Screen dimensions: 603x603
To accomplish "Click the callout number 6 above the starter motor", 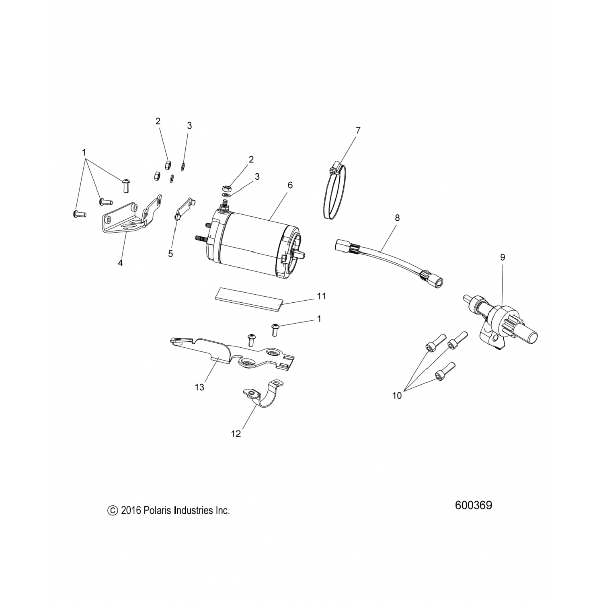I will tap(290, 185).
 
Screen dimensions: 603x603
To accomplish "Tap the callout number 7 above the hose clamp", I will tap(358, 130).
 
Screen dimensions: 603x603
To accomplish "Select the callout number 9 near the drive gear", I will tap(503, 257).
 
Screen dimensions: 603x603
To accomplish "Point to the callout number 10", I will tap(397, 396).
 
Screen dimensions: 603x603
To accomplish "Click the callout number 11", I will tap(321, 296).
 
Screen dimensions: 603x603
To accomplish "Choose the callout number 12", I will tap(236, 434).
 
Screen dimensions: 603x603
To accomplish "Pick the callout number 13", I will tap(199, 387).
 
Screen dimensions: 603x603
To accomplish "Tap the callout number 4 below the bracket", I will tap(120, 263).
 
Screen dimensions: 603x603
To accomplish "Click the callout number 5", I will tap(170, 254).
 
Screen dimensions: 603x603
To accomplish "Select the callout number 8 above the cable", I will tap(397, 218).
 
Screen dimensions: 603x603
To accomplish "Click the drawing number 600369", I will tap(473, 505).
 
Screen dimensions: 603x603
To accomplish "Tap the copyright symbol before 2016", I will tap(113, 511).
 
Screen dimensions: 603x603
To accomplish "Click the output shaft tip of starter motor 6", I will tap(303, 255).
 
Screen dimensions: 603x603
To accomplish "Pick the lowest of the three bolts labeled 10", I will tap(443, 373).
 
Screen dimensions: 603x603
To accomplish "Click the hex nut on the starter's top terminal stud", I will tap(227, 188).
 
